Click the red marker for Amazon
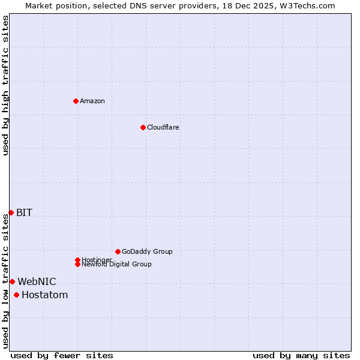tap(76, 101)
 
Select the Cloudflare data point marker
tap(143, 127)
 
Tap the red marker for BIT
tap(11, 212)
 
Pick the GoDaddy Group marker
tap(118, 251)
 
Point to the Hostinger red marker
tap(77, 260)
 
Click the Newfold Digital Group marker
tap(77, 264)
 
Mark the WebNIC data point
tap(12, 281)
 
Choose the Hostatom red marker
tap(16, 295)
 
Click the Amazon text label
tap(92, 101)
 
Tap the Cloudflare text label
tap(163, 127)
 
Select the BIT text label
tap(24, 212)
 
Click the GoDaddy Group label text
tap(147, 251)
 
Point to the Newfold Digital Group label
tap(117, 265)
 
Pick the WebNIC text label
tap(37, 281)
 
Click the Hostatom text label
tap(44, 295)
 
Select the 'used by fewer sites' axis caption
tap(62, 355)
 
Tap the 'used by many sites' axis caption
tap(301, 355)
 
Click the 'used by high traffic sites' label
tap(5, 85)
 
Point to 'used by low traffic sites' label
tap(5, 281)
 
